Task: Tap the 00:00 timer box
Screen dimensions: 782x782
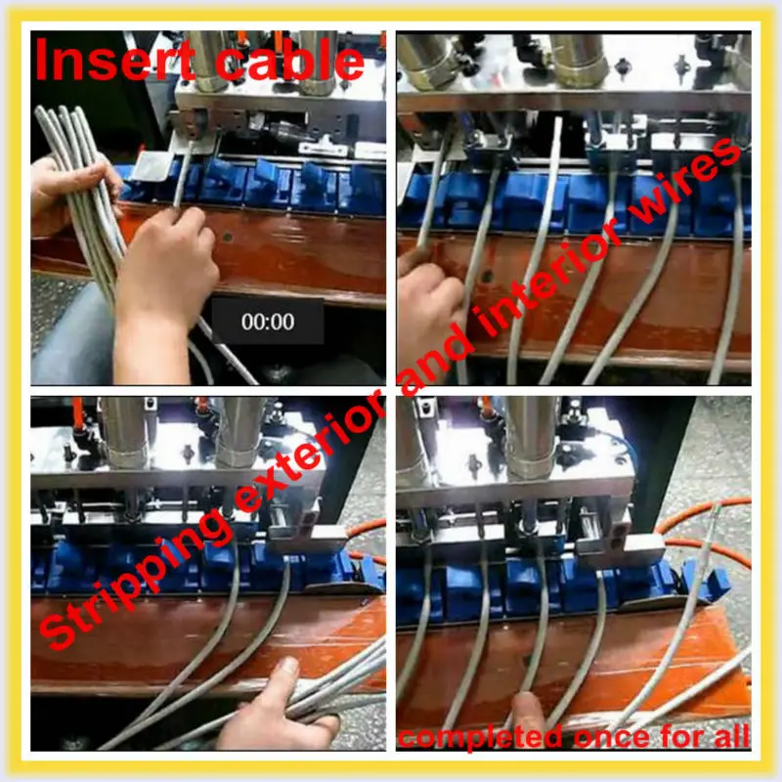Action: click(x=268, y=322)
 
